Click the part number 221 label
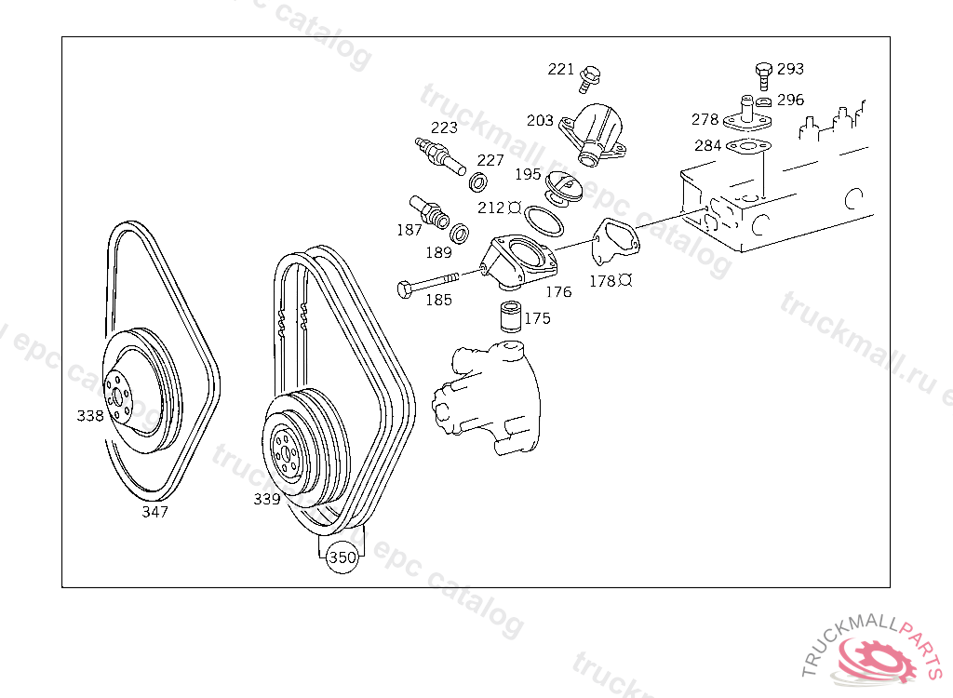click(560, 69)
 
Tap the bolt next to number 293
click(763, 76)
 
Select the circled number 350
click(342, 557)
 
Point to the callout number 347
click(155, 512)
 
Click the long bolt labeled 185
click(428, 284)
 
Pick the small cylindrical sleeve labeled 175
click(511, 316)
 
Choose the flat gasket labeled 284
click(748, 146)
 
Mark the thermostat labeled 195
click(564, 189)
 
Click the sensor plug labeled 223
click(440, 155)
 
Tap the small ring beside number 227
click(478, 181)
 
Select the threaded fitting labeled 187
click(429, 212)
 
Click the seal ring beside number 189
click(460, 234)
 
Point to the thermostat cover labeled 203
click(593, 134)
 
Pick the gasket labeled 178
click(615, 243)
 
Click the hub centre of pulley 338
click(116, 397)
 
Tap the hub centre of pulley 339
click(284, 453)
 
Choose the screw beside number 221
click(589, 79)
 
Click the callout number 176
click(558, 292)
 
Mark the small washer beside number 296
click(763, 101)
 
